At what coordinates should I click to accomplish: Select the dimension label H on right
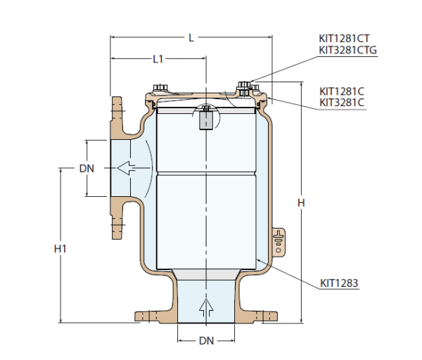(301, 203)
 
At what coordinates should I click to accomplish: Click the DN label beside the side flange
(87, 169)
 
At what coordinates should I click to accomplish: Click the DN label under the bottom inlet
(205, 340)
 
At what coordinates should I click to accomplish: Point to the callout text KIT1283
(339, 284)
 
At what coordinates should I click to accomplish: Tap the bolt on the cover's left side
(160, 88)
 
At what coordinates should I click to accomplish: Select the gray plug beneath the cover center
(206, 120)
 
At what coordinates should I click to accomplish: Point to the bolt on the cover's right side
(244, 87)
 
